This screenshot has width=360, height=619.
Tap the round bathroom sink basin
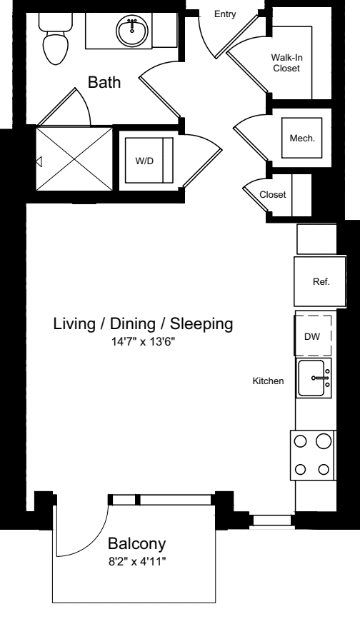(132, 30)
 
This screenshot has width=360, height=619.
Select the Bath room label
(104, 82)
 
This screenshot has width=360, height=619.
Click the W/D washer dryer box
(149, 161)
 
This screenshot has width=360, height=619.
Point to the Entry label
(225, 14)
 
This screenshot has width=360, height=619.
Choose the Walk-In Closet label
(286, 63)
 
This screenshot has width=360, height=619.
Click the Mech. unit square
(302, 138)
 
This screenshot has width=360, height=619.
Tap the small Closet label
(273, 195)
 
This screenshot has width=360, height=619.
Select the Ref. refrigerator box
(320, 281)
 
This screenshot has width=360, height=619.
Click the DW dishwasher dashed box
(313, 335)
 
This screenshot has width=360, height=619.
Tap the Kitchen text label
(268, 381)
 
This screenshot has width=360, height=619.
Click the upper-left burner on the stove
(301, 441)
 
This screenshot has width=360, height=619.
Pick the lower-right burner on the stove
(324, 469)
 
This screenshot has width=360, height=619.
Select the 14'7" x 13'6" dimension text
(143, 342)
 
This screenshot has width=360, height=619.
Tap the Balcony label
(136, 544)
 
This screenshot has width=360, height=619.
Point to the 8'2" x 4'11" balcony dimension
(137, 561)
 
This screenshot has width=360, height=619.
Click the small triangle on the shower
(39, 161)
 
